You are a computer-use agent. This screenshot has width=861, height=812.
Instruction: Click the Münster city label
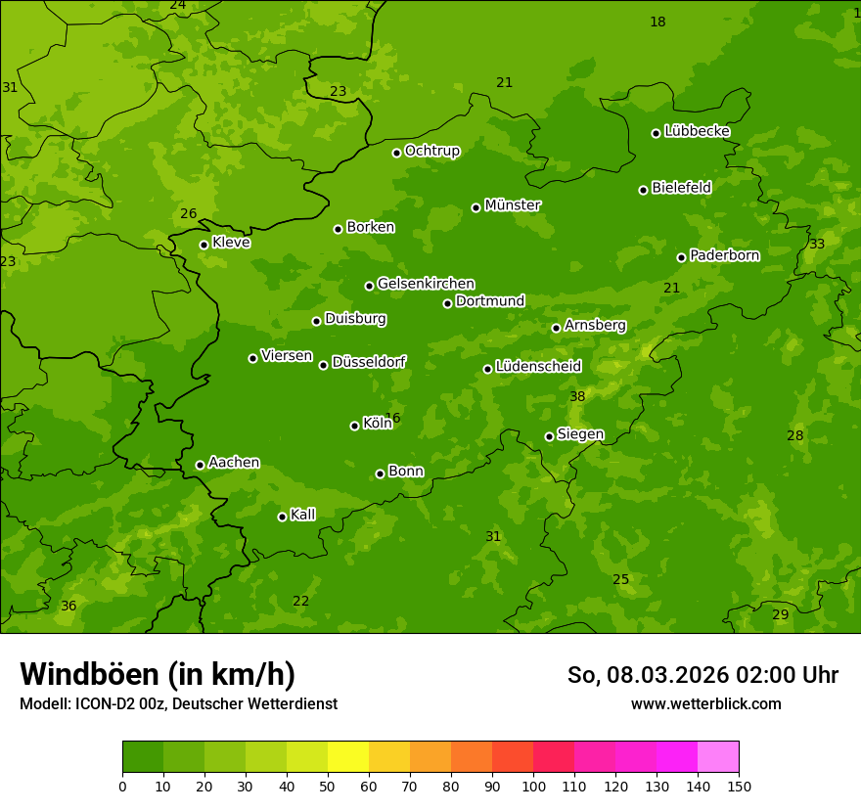pyautogui.click(x=512, y=205)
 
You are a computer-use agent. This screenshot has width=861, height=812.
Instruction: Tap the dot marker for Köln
pyautogui.click(x=354, y=426)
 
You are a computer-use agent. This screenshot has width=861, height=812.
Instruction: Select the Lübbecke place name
pyautogui.click(x=697, y=131)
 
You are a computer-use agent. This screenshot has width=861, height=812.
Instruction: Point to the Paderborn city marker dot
pyautogui.click(x=682, y=257)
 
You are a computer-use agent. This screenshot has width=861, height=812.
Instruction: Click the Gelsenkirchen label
pyautogui.click(x=426, y=284)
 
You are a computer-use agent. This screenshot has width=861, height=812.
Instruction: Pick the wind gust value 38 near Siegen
pyautogui.click(x=577, y=396)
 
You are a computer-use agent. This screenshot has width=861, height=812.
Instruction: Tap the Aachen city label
pyautogui.click(x=234, y=463)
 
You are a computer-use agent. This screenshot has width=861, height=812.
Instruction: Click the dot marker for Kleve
pyautogui.click(x=204, y=245)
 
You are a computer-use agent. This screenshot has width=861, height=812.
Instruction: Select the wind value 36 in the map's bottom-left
pyautogui.click(x=68, y=607)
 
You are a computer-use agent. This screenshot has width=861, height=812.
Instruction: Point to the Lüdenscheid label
pyautogui.click(x=538, y=367)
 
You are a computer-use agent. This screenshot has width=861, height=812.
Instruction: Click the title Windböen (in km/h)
pyautogui.click(x=158, y=674)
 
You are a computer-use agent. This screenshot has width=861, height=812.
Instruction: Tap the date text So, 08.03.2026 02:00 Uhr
pyautogui.click(x=702, y=675)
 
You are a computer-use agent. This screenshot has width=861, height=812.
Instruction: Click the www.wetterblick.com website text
pyautogui.click(x=705, y=704)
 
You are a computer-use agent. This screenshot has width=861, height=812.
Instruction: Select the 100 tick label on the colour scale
pyautogui.click(x=533, y=786)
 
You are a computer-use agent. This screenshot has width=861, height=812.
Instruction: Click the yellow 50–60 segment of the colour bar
pyautogui.click(x=348, y=757)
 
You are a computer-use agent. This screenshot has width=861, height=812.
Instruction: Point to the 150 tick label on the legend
pyautogui.click(x=739, y=786)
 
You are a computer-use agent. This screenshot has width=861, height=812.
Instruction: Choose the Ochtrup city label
pyautogui.click(x=431, y=151)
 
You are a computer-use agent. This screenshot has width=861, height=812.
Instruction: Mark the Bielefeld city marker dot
pyautogui.click(x=644, y=190)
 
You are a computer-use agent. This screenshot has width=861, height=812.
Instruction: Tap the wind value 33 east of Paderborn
pyautogui.click(x=817, y=244)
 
